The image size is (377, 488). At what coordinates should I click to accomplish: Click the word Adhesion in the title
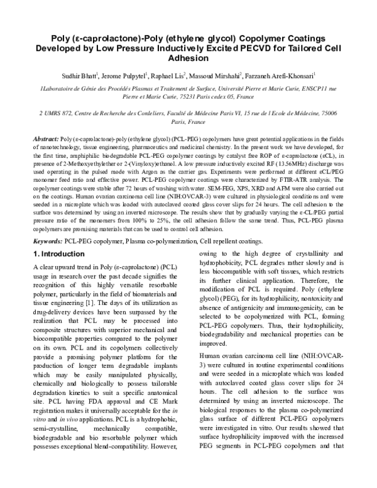tap(188, 57)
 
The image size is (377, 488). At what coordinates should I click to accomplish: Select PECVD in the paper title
tap(248, 47)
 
